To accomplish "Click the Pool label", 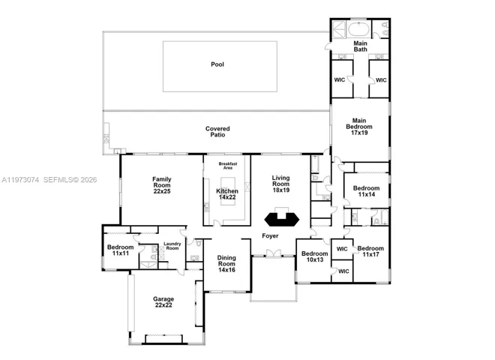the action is (217, 64).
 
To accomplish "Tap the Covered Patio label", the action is (217, 132).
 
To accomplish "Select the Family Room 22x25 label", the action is (162, 185).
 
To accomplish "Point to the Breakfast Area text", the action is (228, 166).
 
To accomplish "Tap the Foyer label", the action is (270, 236).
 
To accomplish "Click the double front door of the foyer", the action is (273, 253).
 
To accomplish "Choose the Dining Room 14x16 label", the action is (226, 264).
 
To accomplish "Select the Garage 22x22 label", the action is (163, 302).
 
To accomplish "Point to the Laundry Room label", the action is (172, 246).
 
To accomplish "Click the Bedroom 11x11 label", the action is (121, 250).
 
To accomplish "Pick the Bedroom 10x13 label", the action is (315, 256).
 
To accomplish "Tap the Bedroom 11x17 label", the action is (370, 251).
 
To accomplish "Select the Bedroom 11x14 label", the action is (367, 191).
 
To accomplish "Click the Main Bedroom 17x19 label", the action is (359, 127).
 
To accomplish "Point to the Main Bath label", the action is (360, 46).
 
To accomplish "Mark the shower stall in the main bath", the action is (338, 29).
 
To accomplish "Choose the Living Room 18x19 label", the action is (281, 184).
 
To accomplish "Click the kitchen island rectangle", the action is (228, 191).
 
